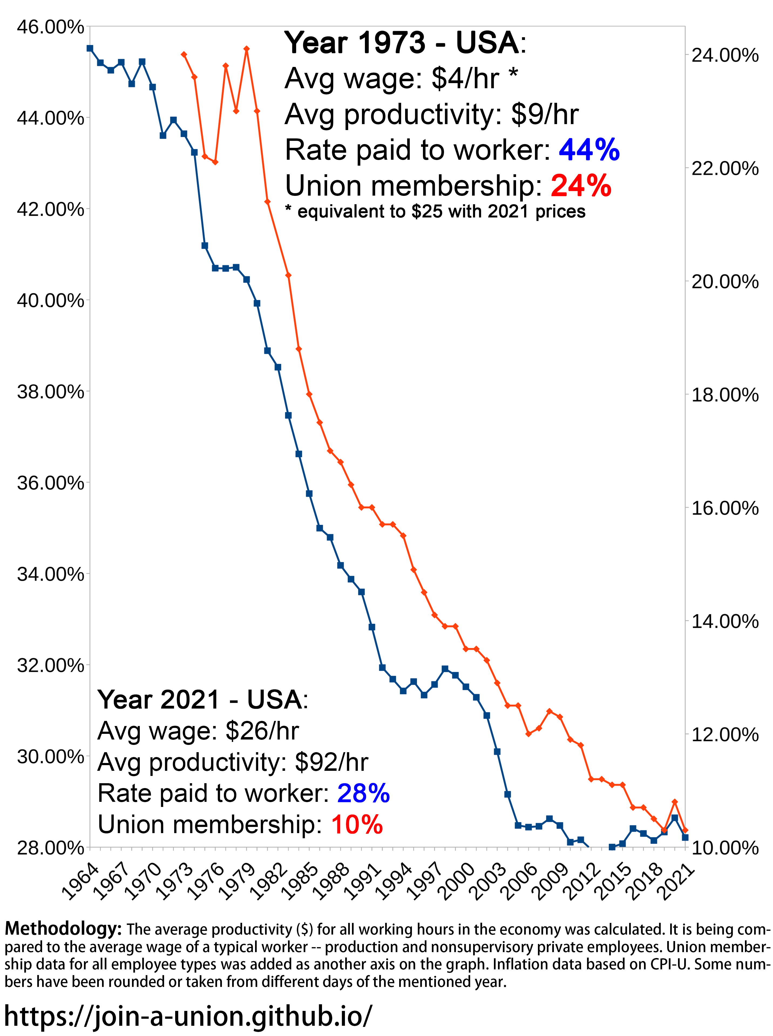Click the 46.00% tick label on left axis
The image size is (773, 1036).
[x=50, y=27]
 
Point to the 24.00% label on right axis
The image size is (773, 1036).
[x=724, y=55]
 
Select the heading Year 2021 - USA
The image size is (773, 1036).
[x=202, y=700]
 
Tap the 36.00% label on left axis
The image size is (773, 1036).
[x=50, y=483]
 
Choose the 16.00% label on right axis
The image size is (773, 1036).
[x=724, y=508]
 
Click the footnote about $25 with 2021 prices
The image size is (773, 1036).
[x=435, y=212]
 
